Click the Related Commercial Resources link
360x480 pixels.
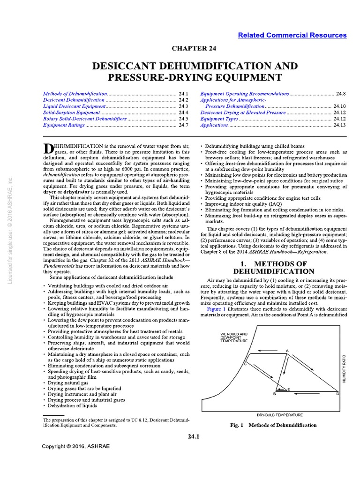(x=292, y=35)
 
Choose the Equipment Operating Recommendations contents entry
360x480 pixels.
(x=244, y=94)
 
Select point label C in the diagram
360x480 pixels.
(x=245, y=364)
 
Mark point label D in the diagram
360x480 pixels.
(x=337, y=394)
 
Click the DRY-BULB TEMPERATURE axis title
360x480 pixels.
(x=280, y=415)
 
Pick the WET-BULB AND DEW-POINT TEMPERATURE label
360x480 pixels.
(x=234, y=337)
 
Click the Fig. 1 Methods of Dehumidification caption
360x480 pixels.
(x=273, y=425)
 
